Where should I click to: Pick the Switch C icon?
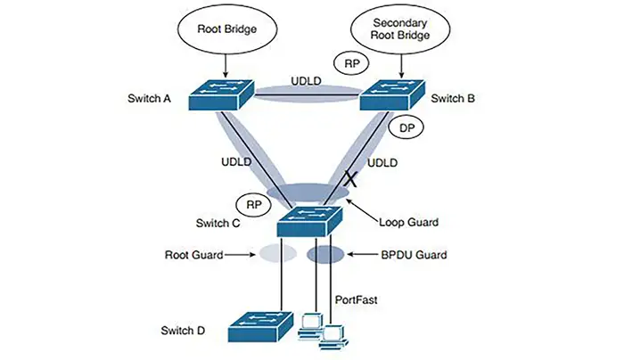pos(308,219)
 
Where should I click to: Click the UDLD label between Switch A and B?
pos(305,81)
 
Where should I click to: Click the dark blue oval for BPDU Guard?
pos(325,255)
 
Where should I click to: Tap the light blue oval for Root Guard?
pos(274,255)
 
